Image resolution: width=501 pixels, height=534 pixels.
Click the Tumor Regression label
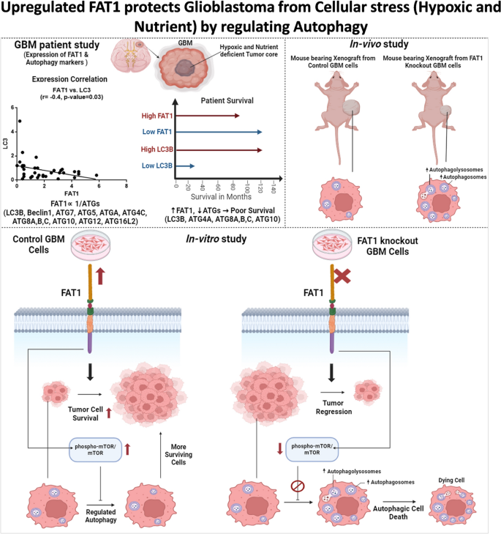point(332,407)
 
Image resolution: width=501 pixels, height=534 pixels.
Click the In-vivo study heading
point(391,45)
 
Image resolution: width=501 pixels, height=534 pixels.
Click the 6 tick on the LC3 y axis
point(11,108)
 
